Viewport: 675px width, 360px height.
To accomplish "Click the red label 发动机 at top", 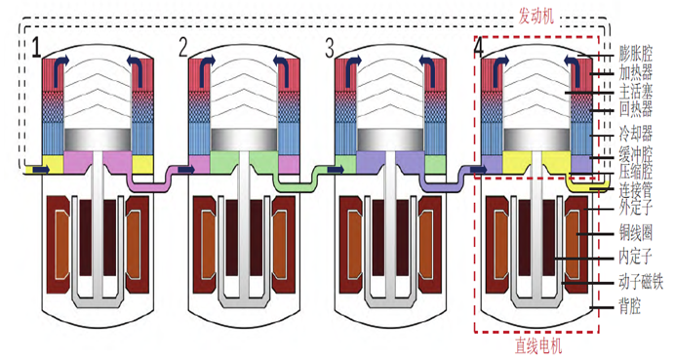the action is pyautogui.click(x=536, y=18).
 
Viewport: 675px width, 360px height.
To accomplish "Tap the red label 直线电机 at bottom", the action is pyautogui.click(x=538, y=345).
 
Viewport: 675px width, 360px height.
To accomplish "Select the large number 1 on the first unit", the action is pyautogui.click(x=37, y=48).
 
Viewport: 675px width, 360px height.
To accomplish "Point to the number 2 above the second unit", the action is pyautogui.click(x=183, y=48).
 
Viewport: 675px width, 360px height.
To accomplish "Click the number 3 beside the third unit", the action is pyautogui.click(x=330, y=48).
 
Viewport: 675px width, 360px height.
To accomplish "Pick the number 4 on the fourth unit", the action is pyautogui.click(x=479, y=48).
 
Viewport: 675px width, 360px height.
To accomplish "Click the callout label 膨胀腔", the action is pyautogui.click(x=636, y=54).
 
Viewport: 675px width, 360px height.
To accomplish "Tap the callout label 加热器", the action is pyautogui.click(x=636, y=72).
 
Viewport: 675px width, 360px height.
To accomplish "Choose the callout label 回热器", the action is pyautogui.click(x=636, y=109).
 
